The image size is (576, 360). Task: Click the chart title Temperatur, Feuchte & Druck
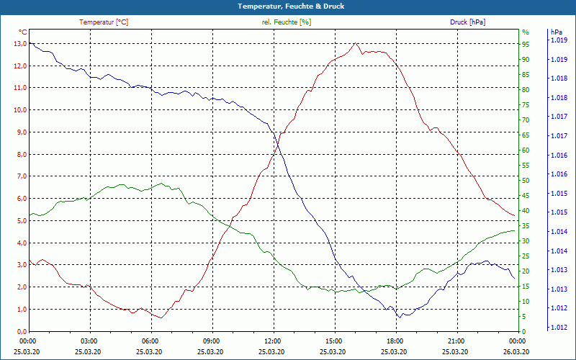coord(288,6)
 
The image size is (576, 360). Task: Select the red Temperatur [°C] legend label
coord(104,22)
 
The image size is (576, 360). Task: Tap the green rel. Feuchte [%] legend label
coord(287,22)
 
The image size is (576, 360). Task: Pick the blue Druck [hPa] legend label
coord(467,22)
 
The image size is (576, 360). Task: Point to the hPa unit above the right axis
coord(556,32)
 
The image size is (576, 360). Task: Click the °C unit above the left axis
coord(22,32)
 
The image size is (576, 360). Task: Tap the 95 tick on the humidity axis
coord(526,43)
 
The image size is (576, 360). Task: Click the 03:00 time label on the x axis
coord(89,341)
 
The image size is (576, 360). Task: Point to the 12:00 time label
coord(272,341)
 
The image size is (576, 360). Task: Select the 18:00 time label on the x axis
coord(395,341)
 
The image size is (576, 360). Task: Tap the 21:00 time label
coord(456,341)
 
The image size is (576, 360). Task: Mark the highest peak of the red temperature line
coord(355,43)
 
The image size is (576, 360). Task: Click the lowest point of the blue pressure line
coord(399,318)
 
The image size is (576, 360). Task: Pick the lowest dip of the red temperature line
coord(162,318)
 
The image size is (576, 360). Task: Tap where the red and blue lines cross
coord(276,138)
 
